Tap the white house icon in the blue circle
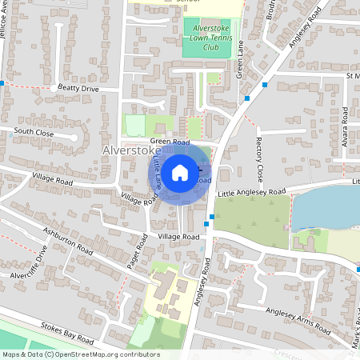(x=180, y=171)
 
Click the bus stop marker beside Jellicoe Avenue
(x=2, y=83)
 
